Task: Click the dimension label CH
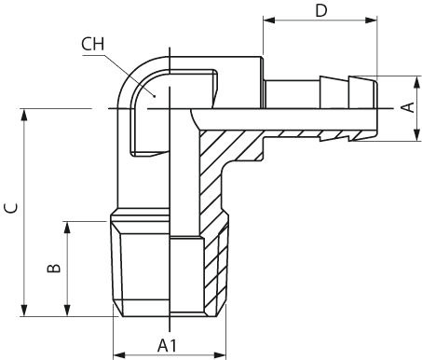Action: pyautogui.click(x=92, y=44)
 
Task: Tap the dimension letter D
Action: pyautogui.click(x=321, y=10)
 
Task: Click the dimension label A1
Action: pyautogui.click(x=167, y=345)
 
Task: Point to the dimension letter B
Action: pyautogui.click(x=54, y=269)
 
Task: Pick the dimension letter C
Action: pyautogui.click(x=11, y=208)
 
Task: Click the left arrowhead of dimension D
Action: pyautogui.click(x=269, y=21)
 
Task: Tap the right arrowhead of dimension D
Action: pyautogui.click(x=372, y=21)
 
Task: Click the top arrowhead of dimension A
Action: pyautogui.click(x=417, y=82)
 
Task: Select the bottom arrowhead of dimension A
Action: pyautogui.click(x=417, y=135)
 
